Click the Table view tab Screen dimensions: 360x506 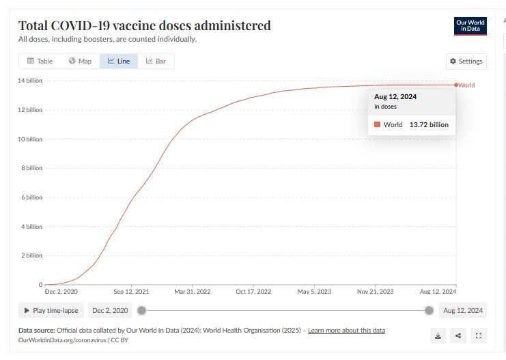pos(40,61)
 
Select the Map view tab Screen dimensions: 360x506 pos(80,61)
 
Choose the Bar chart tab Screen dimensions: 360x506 pos(156,61)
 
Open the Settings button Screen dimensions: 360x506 pos(466,61)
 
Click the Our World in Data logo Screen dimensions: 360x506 pos(470,26)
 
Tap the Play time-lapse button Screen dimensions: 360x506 pos(51,310)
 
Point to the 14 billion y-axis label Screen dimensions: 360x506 pos(30,81)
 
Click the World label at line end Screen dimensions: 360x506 pos(466,85)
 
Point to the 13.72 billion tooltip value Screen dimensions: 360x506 pos(429,125)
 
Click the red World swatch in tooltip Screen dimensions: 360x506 pos(377,125)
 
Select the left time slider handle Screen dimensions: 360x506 pos(141,310)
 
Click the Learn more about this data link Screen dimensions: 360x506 pos(346,331)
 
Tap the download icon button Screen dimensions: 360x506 pos(438,335)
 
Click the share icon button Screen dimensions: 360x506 pos(458,335)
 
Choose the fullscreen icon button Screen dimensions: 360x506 pos(478,335)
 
